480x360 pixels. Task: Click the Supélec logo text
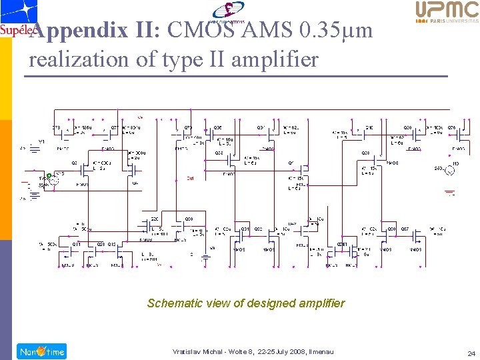point(15,30)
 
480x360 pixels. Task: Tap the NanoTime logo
point(41,351)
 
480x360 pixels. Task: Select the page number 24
point(471,353)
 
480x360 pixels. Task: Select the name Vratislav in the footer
point(187,352)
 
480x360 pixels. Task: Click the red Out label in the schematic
point(190,178)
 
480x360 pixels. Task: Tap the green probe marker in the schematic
point(49,175)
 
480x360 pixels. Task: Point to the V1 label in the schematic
point(41,141)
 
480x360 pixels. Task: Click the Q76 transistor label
point(451,127)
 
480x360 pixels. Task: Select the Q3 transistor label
point(74,162)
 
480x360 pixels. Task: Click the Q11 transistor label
point(76,244)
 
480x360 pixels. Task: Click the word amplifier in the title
point(280,59)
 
